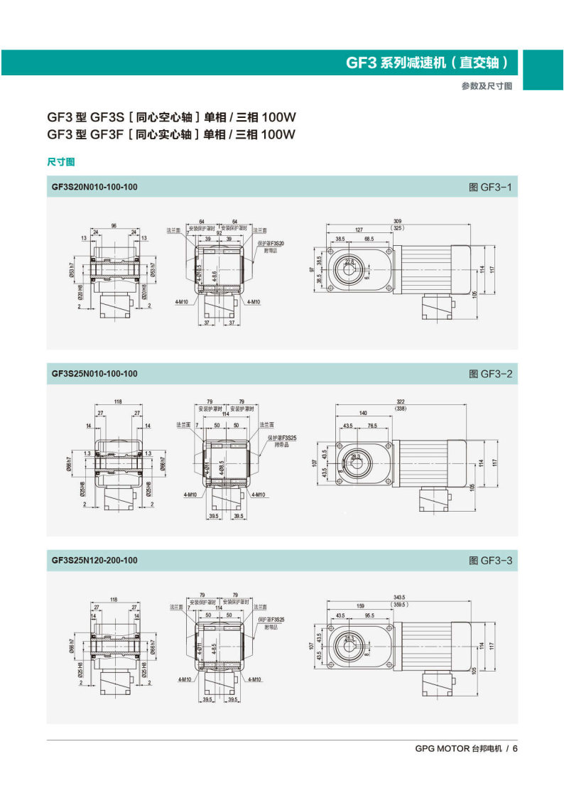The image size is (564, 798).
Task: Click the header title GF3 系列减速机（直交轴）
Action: [x=428, y=63]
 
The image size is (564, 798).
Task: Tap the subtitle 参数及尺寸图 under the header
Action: [x=487, y=86]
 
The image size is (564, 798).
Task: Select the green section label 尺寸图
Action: [x=61, y=162]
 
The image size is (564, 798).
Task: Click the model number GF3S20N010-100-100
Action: [x=94, y=187]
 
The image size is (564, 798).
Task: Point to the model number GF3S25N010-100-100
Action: [x=94, y=373]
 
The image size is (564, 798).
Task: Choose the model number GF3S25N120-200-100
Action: [x=94, y=560]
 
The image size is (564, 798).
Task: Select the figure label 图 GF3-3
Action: [x=490, y=560]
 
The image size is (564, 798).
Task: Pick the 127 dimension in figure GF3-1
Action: [x=359, y=230]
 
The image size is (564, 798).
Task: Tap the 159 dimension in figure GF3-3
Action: [x=362, y=606]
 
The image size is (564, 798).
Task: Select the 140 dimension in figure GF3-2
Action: [x=363, y=413]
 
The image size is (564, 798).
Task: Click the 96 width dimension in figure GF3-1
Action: [x=114, y=226]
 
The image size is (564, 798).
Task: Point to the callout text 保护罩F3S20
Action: [x=271, y=243]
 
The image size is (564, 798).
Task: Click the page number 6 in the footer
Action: [x=516, y=748]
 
